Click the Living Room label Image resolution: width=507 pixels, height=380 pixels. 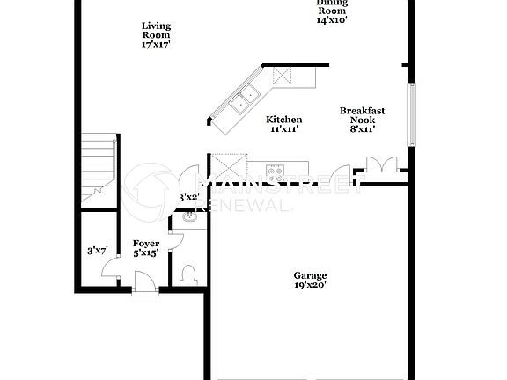pos(156,30)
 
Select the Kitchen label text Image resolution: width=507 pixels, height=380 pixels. pos(284,120)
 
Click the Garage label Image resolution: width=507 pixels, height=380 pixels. pos(310,274)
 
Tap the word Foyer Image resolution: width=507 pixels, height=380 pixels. pos(146,243)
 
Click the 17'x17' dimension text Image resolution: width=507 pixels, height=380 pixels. pos(156,43)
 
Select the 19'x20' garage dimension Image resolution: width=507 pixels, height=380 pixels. pos(310,285)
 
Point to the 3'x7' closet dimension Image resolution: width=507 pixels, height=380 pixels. pos(97,251)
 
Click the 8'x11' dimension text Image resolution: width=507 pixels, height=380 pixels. pos(363,128)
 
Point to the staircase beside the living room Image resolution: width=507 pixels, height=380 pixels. pos(98,167)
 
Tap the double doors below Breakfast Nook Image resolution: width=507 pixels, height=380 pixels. pos(381,164)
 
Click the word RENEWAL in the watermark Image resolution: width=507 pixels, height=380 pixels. pos(248,205)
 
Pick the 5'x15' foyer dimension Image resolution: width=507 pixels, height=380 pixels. pos(146,253)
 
